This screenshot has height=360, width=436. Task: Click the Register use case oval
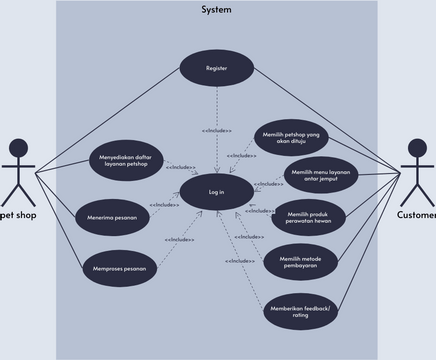click(x=217, y=68)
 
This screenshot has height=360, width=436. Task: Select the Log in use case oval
click(x=216, y=191)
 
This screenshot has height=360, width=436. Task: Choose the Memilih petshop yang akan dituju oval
click(x=289, y=137)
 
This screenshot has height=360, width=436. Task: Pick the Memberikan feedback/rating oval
click(x=301, y=311)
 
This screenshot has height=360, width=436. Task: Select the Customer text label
click(x=416, y=215)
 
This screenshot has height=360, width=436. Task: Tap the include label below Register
click(x=216, y=131)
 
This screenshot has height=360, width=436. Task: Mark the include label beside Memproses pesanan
click(x=180, y=239)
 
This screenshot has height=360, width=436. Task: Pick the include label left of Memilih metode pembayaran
click(x=240, y=261)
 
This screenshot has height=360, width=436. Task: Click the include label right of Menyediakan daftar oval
click(x=180, y=167)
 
